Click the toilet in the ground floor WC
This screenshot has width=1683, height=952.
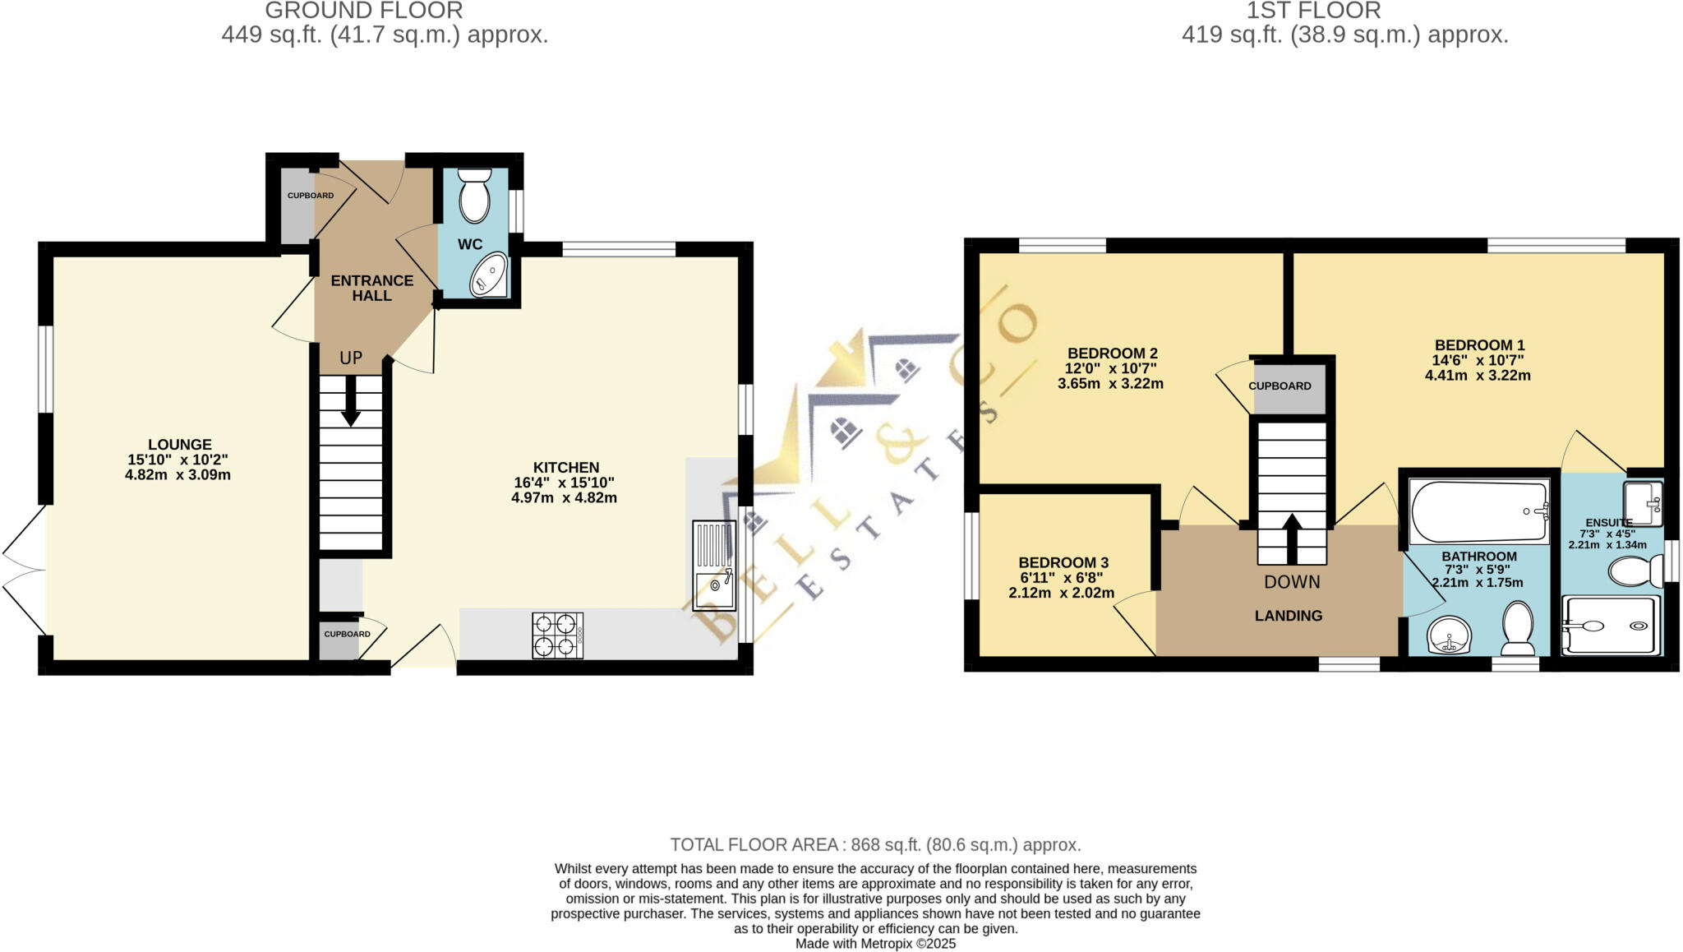[x=474, y=197]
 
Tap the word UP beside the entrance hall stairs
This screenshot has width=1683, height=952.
[x=351, y=358]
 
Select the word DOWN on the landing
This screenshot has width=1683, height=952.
[x=1292, y=582]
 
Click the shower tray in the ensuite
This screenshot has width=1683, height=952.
[x=1610, y=626]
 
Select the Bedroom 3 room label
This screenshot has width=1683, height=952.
[x=1063, y=562]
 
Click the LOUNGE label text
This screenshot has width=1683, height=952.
[x=179, y=445]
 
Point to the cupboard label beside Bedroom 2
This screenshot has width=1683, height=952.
[x=1280, y=386]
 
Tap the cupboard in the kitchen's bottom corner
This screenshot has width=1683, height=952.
[x=339, y=638]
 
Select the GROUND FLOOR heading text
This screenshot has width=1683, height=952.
[x=363, y=11]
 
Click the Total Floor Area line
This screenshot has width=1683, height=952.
[x=875, y=844]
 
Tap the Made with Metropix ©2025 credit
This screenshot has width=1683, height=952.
[x=875, y=944]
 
